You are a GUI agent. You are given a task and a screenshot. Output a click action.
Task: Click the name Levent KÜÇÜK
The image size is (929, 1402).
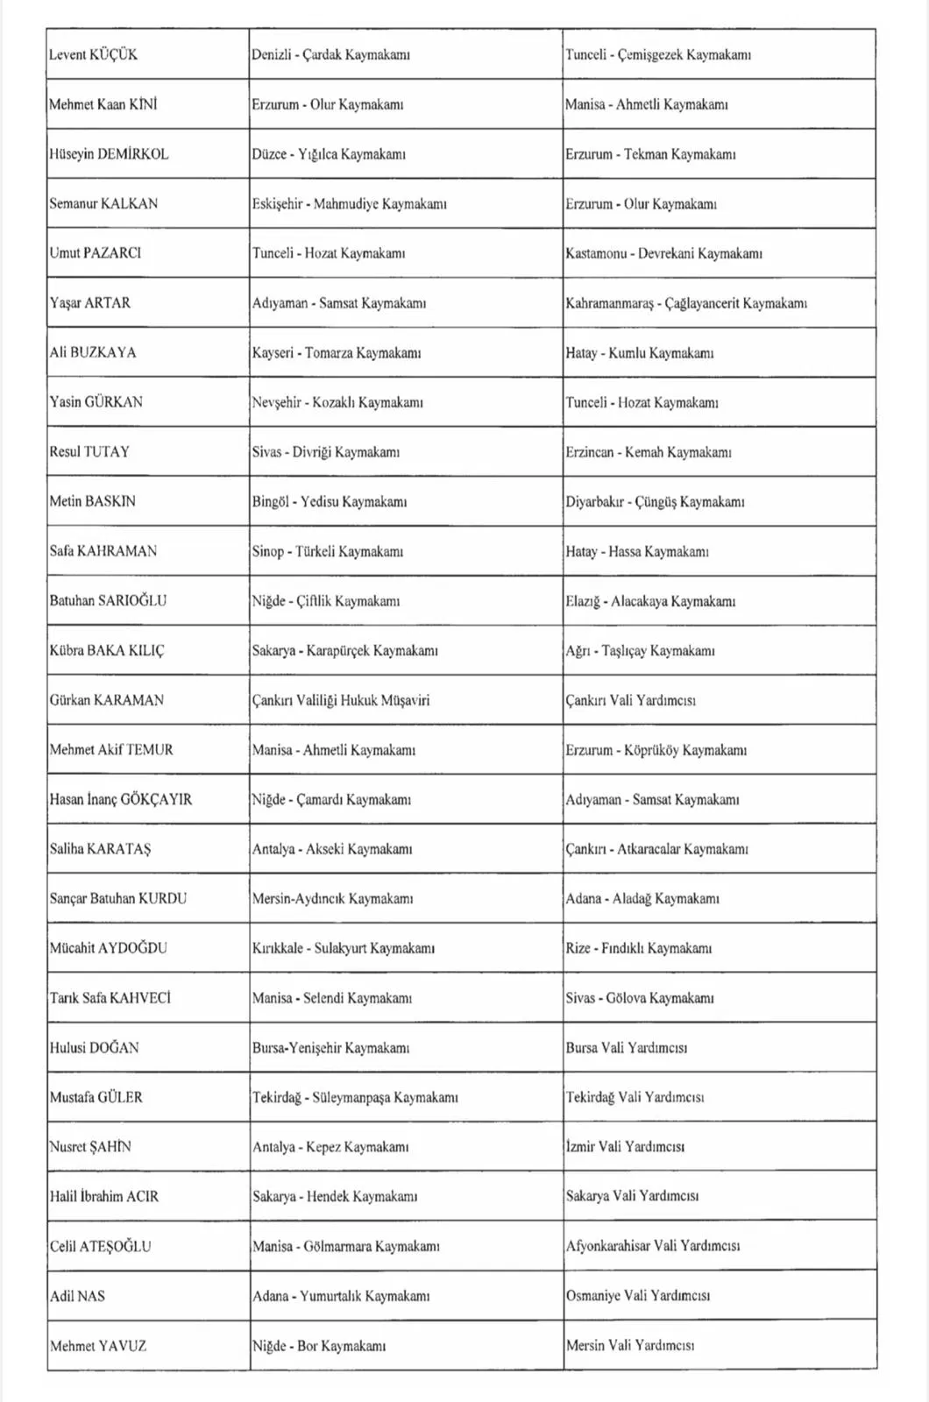pyautogui.click(x=93, y=54)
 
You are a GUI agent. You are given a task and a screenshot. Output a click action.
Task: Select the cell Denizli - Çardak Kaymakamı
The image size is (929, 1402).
pyautogui.click(x=330, y=54)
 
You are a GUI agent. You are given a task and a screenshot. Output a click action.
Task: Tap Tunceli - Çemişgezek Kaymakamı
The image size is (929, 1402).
pyautogui.click(x=657, y=54)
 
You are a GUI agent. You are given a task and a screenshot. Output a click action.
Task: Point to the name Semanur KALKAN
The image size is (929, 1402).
pyautogui.click(x=103, y=203)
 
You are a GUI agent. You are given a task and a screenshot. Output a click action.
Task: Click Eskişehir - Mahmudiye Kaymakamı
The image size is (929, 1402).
pyautogui.click(x=349, y=203)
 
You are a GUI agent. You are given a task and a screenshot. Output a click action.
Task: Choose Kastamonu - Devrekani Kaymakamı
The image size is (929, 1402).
pyautogui.click(x=663, y=253)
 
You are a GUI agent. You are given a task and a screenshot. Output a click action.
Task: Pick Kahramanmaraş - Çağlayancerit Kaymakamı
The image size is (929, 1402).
pyautogui.click(x=685, y=303)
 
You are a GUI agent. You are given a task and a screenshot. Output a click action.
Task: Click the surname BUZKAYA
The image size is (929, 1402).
pyautogui.click(x=103, y=352)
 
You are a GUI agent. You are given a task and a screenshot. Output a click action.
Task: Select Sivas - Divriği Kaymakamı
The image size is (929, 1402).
pyautogui.click(x=325, y=452)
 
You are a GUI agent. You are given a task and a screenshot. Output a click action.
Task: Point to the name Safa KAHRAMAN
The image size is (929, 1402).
pyautogui.click(x=103, y=551)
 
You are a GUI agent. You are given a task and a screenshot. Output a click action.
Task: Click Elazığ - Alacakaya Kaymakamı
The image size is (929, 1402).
pyautogui.click(x=649, y=601)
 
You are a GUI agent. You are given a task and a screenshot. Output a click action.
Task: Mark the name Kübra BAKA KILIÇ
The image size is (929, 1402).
pyautogui.click(x=106, y=650)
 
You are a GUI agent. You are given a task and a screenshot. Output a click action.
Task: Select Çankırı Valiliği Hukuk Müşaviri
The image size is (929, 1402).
pyautogui.click(x=341, y=700)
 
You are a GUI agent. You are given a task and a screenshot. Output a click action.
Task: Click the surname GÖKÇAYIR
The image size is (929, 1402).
pyautogui.click(x=156, y=799)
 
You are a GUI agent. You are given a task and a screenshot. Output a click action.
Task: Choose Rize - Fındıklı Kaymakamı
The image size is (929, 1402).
pyautogui.click(x=638, y=948)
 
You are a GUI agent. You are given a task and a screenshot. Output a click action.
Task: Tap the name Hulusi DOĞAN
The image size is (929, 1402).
pyautogui.click(x=94, y=1047)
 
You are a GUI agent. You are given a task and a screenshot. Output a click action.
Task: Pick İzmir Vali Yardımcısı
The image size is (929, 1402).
pyautogui.click(x=625, y=1146)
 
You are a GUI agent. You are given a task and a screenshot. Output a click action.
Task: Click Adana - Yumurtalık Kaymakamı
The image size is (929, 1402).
pyautogui.click(x=341, y=1295)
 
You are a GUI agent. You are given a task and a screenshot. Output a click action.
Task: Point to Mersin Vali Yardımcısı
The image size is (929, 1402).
pyautogui.click(x=629, y=1345)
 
